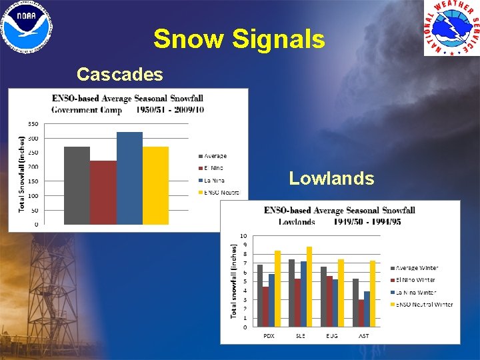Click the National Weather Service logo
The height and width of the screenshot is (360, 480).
[x=451, y=29]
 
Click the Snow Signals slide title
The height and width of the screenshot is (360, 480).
[x=239, y=39]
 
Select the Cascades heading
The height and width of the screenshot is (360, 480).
[x=119, y=74]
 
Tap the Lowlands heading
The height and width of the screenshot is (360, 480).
[x=331, y=178]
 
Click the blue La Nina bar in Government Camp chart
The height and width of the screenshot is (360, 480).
[x=129, y=178]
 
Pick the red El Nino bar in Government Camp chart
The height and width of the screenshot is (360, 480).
[x=103, y=193]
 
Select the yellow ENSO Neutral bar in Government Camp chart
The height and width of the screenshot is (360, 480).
[x=155, y=185]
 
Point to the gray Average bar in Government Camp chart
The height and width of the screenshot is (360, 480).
[x=77, y=185]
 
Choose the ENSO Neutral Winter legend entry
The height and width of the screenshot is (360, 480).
[x=422, y=305]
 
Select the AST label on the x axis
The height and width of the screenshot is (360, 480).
[x=363, y=336]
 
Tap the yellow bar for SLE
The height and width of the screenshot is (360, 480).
[x=309, y=287]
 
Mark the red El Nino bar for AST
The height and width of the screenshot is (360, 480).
[x=361, y=313]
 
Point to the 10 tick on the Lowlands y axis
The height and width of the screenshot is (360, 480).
[x=244, y=236]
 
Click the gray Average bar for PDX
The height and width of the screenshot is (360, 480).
[x=259, y=296]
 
